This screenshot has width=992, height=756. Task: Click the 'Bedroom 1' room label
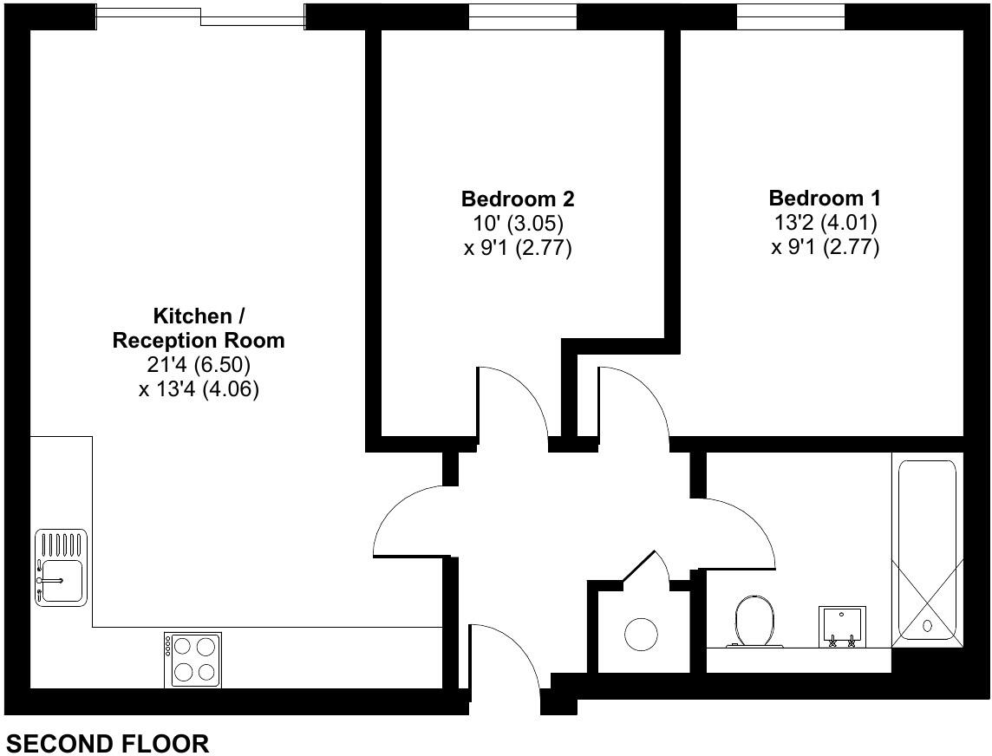(825, 198)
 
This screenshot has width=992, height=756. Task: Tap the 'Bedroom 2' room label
(518, 199)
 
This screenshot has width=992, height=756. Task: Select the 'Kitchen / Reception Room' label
(199, 328)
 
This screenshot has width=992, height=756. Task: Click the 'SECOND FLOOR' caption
(108, 743)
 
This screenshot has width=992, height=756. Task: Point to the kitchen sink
(62, 568)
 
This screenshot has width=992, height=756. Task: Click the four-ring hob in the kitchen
(193, 659)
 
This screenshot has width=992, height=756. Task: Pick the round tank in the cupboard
(642, 634)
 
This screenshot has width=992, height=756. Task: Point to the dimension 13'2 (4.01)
(825, 223)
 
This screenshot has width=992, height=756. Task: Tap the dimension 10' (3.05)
(518, 224)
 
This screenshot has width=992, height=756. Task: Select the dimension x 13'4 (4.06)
(199, 389)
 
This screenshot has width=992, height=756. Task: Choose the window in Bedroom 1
(790, 16)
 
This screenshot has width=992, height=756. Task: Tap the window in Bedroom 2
(522, 16)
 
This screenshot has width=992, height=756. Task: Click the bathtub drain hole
(927, 624)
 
